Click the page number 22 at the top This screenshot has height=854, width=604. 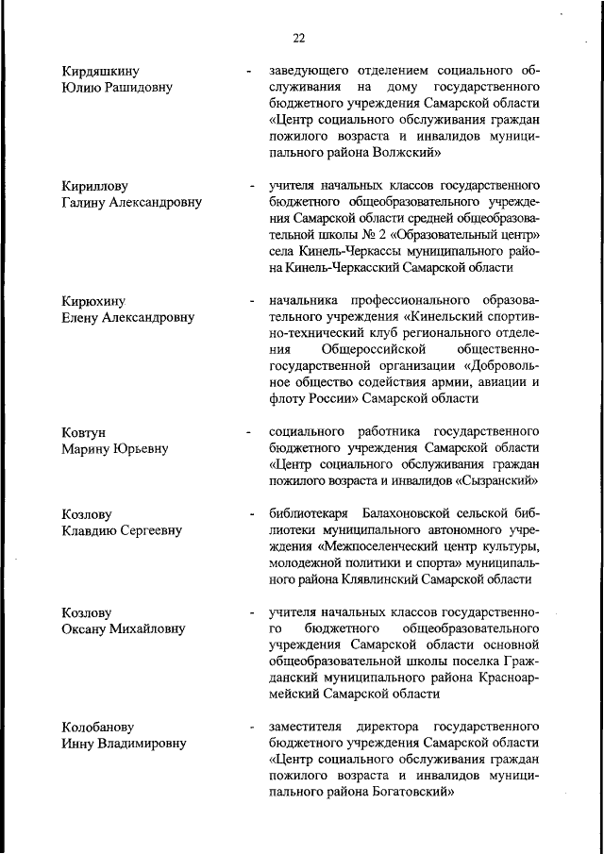pyautogui.click(x=298, y=38)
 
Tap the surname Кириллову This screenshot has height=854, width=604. pyautogui.click(x=94, y=186)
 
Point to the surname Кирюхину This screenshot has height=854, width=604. pyautogui.click(x=95, y=301)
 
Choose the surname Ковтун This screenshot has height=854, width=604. pyautogui.click(x=84, y=432)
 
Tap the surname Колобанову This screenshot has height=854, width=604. pyautogui.click(x=99, y=728)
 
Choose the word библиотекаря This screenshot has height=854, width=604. pyautogui.click(x=310, y=514)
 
